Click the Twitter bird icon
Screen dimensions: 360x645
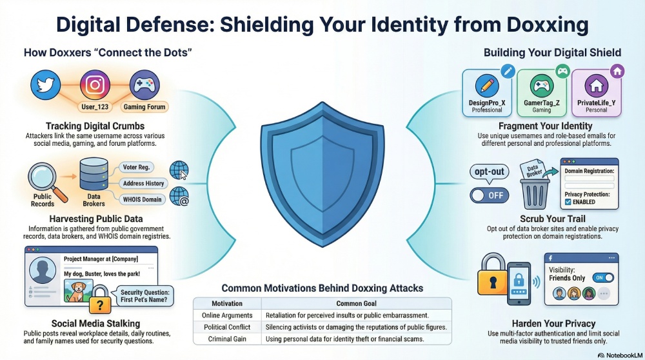pyautogui.click(x=45, y=85)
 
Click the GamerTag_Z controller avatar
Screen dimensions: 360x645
pyautogui.click(x=542, y=86)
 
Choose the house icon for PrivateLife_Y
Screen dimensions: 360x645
pyautogui.click(x=596, y=86)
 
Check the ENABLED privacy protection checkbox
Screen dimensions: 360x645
pyautogui.click(x=568, y=202)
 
